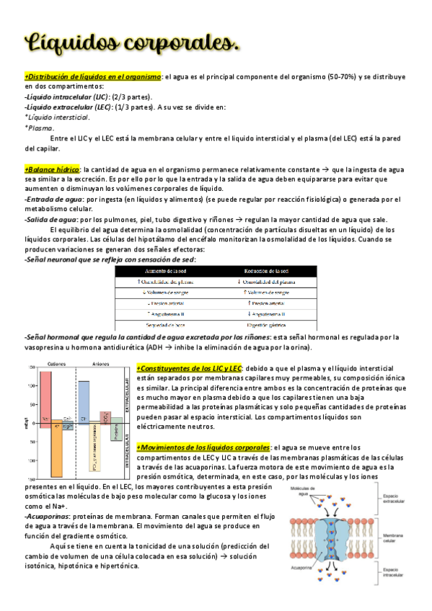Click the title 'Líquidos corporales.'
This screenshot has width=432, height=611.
coord(133,43)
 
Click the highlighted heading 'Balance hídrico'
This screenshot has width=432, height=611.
coord(53,168)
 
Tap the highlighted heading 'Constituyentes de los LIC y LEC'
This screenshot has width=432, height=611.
coord(189,369)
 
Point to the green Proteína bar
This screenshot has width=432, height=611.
coord(115,431)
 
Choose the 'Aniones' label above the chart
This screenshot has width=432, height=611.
coord(101,364)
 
